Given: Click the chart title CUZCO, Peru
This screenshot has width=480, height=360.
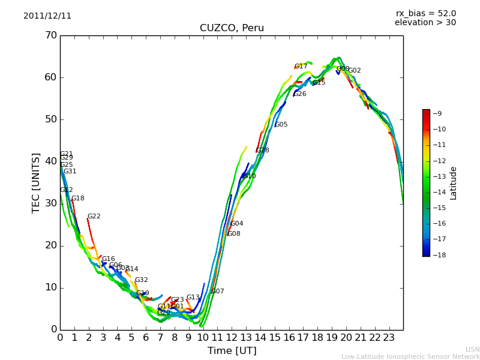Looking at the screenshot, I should [232, 28].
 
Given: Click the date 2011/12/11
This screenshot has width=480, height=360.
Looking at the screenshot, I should [47, 16].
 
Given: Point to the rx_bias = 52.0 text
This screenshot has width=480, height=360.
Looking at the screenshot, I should [425, 14].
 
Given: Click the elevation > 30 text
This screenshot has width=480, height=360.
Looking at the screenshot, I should [425, 23].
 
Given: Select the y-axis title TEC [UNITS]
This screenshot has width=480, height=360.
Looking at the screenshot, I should [36, 182].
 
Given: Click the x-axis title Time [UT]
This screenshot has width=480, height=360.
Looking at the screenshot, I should [232, 350].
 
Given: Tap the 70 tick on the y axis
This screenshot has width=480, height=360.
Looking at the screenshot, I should [50, 35].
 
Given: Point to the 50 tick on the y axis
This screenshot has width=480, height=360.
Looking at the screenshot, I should [50, 119].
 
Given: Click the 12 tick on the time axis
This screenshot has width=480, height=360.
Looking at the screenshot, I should [232, 338].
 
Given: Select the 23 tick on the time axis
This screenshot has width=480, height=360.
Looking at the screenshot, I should [389, 338].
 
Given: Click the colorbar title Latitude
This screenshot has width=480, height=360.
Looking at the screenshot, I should [454, 182].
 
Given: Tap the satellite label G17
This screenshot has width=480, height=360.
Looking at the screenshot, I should [301, 67].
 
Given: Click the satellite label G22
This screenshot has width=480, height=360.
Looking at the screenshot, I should [94, 217].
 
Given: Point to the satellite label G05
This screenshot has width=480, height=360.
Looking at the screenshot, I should [281, 125].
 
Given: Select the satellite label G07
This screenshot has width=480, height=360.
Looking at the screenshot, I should [217, 292].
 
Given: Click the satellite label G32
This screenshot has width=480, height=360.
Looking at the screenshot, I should [141, 280].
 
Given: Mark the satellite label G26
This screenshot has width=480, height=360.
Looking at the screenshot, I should [299, 94].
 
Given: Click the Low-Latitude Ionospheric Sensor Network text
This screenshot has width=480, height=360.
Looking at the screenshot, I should [410, 357].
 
